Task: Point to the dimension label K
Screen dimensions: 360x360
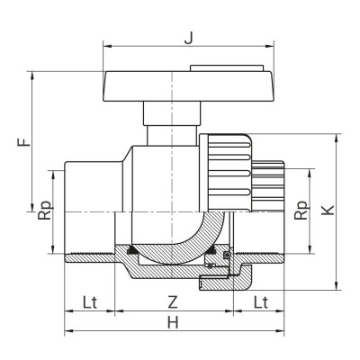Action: (329, 209)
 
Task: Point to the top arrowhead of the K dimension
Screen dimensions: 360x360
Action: (338, 135)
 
